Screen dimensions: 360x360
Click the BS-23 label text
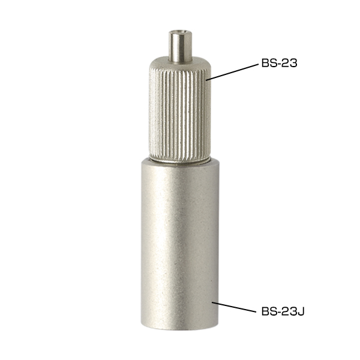pos(279,63)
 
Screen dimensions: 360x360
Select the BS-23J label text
pos(283,311)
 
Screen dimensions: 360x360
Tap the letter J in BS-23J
pos(301,311)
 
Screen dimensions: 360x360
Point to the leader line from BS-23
pos(232,72)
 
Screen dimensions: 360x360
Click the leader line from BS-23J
pos(234,307)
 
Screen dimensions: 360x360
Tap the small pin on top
pos(180,46)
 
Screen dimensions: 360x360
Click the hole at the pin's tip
pos(181,32)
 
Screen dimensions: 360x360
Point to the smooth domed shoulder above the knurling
pos(180,64)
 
